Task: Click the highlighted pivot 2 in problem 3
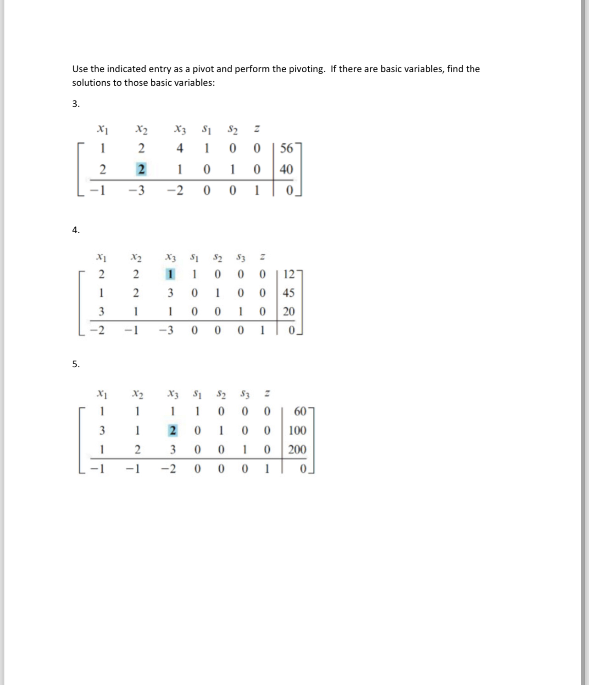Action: pyautogui.click(x=141, y=169)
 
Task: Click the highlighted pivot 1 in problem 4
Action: pyautogui.click(x=170, y=275)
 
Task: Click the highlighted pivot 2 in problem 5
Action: pyautogui.click(x=173, y=431)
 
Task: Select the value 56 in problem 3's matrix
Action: pyautogui.click(x=286, y=148)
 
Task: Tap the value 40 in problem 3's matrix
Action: pyautogui.click(x=286, y=169)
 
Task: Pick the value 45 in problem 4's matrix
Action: pyautogui.click(x=289, y=293)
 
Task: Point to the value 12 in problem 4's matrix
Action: pyautogui.click(x=289, y=275)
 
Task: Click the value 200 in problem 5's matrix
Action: pyautogui.click(x=297, y=449)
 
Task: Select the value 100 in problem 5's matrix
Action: pyautogui.click(x=297, y=431)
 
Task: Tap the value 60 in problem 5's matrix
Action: pyautogui.click(x=300, y=411)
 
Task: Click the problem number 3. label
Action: pyautogui.click(x=76, y=104)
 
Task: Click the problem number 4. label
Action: pyautogui.click(x=76, y=230)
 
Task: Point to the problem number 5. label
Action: pyautogui.click(x=76, y=365)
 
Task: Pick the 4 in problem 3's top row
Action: pyautogui.click(x=180, y=148)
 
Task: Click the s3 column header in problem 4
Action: pyautogui.click(x=241, y=258)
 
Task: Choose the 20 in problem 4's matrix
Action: pyautogui.click(x=289, y=312)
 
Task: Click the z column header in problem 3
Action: pyautogui.click(x=257, y=130)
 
